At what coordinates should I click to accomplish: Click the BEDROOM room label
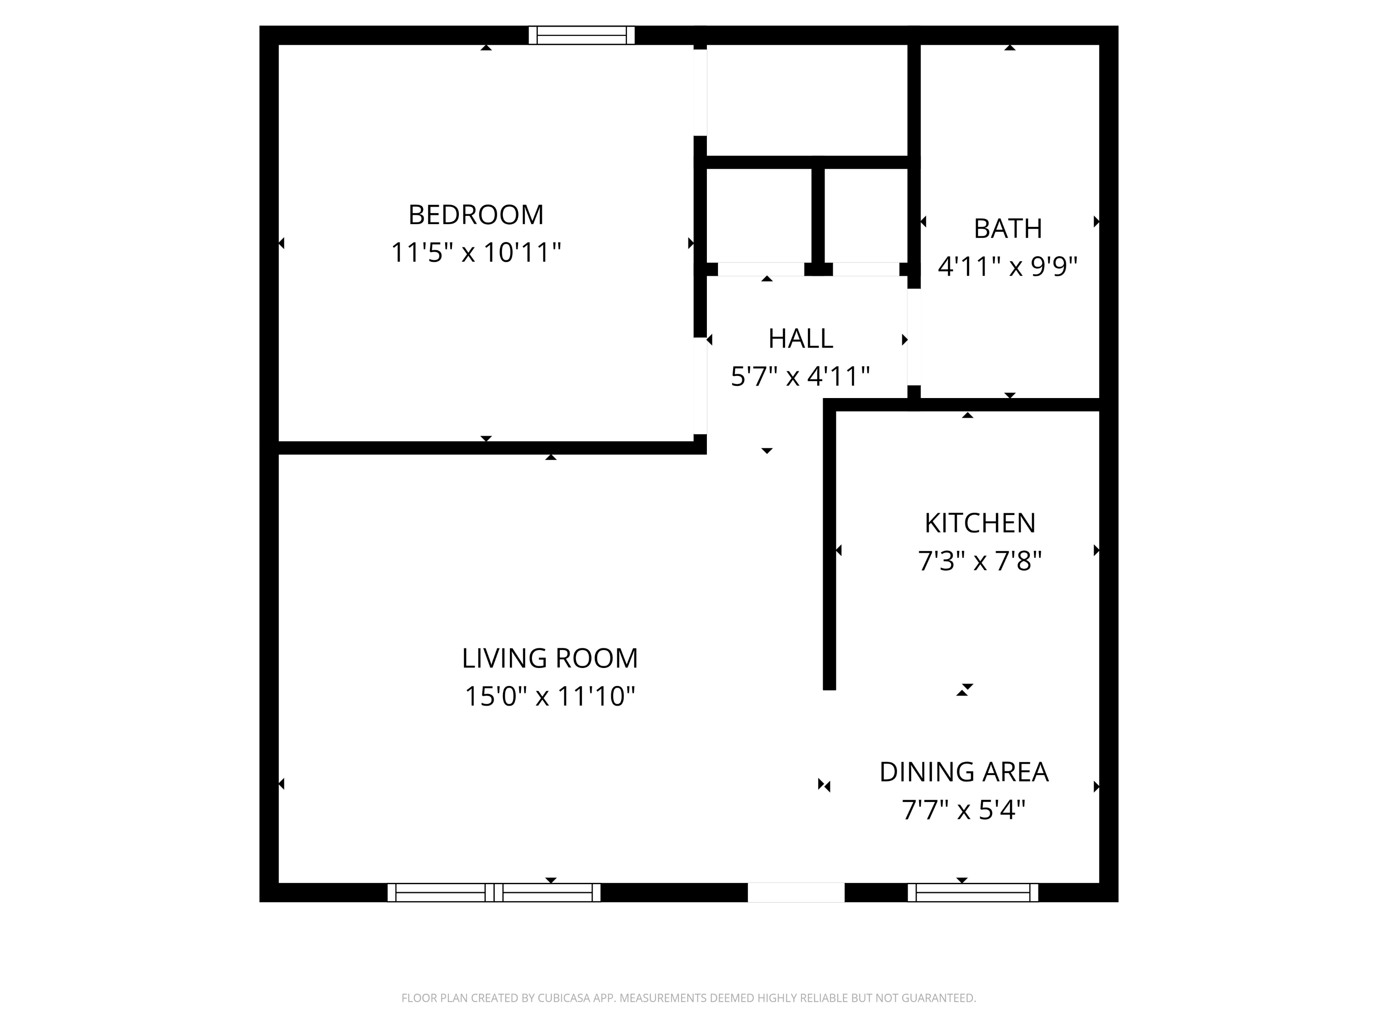pyautogui.click(x=476, y=215)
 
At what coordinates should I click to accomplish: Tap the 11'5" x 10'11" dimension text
pyautogui.click(x=476, y=253)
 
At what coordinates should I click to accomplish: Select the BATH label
pyautogui.click(x=1007, y=229)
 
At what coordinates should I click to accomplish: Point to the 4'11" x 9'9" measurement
pyautogui.click(x=1007, y=266)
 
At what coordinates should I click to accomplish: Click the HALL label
pyautogui.click(x=801, y=339)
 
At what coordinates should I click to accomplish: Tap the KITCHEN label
pyautogui.click(x=980, y=523)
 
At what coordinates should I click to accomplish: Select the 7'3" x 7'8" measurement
pyautogui.click(x=980, y=561)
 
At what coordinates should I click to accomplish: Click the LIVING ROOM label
pyautogui.click(x=549, y=658)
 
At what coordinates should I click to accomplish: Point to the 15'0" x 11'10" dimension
pyautogui.click(x=549, y=696)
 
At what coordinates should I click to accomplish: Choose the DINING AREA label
pyautogui.click(x=964, y=772)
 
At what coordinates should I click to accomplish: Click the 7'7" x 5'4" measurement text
pyautogui.click(x=964, y=810)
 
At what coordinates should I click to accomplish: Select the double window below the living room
pyautogui.click(x=493, y=892)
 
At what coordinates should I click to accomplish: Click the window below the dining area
pyautogui.click(x=972, y=892)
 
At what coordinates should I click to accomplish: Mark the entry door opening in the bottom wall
pyautogui.click(x=796, y=892)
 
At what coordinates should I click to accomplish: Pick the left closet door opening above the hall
pyautogui.click(x=761, y=269)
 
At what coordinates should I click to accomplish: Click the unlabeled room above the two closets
pyautogui.click(x=807, y=100)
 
